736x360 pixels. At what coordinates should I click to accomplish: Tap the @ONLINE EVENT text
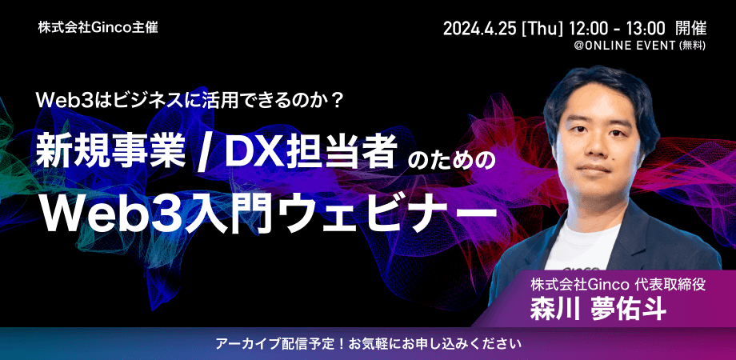(625, 47)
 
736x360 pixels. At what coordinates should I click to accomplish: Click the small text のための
(452, 156)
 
